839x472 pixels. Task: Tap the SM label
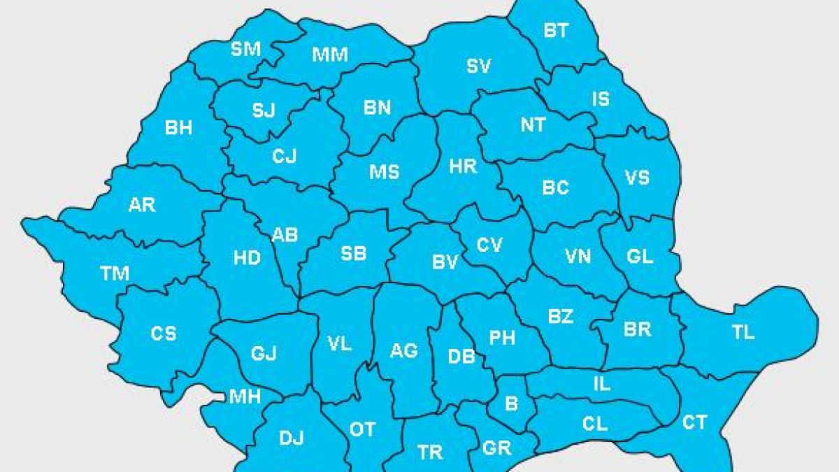coord(245,49)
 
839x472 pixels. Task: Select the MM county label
coord(330,55)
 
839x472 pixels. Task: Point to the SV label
coord(479,66)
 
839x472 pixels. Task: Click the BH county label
coord(178,128)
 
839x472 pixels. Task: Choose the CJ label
coord(285,156)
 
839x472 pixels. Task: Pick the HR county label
coord(463,166)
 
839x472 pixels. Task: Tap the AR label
coord(142,205)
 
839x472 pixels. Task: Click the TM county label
coord(115,273)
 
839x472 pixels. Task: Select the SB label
coord(353,254)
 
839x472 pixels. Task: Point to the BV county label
coord(445,262)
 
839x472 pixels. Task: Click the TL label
coord(743,332)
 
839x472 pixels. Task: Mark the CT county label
coord(694,422)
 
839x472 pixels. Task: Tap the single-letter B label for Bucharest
coord(511,403)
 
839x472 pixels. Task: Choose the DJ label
coord(292,438)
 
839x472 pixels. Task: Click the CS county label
coord(164,334)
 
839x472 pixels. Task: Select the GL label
coord(640,256)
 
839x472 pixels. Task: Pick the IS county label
coord(601,99)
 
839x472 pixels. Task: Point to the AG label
coord(404,350)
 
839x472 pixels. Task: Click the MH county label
coord(245,397)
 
